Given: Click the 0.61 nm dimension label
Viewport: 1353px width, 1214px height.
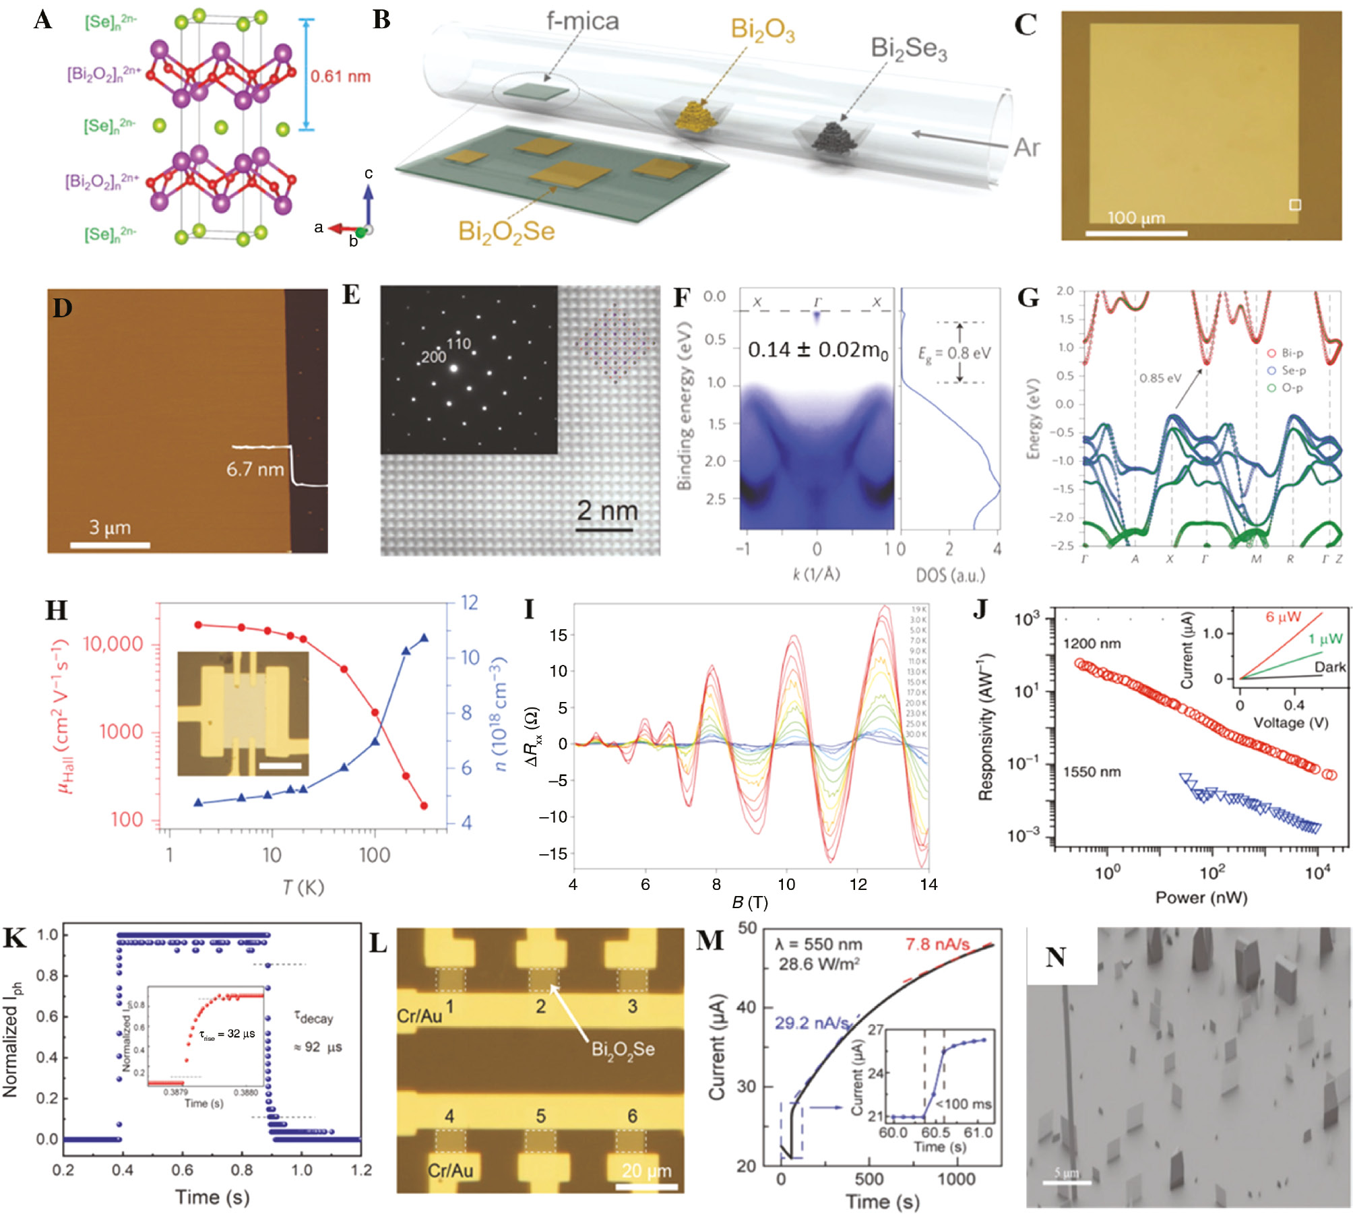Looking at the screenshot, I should [340, 76].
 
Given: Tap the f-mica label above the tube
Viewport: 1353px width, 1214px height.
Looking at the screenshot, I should [582, 22].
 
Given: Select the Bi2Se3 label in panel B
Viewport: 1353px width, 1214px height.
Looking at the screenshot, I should [908, 49].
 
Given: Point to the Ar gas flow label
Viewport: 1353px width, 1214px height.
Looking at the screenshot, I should [1026, 147].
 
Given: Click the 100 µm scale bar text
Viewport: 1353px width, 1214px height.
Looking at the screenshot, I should [1136, 218].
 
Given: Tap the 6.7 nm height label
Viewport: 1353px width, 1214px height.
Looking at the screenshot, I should [255, 469].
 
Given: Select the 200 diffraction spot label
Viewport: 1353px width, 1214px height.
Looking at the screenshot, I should [433, 357].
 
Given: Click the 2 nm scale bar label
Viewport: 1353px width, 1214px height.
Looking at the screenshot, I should [607, 511].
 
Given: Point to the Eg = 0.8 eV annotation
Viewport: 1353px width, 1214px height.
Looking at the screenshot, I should [954, 353].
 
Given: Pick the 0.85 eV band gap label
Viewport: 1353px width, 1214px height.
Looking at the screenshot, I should [1160, 378].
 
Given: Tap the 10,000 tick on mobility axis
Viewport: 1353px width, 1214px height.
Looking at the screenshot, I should [113, 644].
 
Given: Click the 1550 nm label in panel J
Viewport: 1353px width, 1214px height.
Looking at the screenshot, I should [1092, 772].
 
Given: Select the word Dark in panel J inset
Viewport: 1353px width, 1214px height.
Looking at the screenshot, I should [1329, 667].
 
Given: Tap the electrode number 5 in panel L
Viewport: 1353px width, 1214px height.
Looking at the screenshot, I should [540, 1116].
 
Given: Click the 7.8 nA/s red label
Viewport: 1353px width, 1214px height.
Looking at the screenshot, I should [937, 944].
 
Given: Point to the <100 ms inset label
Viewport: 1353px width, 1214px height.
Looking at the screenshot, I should [964, 1104].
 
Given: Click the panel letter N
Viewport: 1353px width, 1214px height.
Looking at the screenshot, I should [1056, 957].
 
